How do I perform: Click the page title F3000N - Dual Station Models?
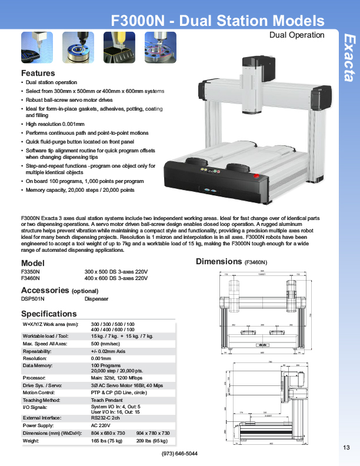coord(218,21)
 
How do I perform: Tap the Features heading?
coord(38,73)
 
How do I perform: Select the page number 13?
coord(346,448)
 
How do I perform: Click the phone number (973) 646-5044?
coord(179,454)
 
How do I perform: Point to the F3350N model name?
coord(31,272)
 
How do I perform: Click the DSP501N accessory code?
coord(33,298)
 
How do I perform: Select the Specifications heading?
coord(49,314)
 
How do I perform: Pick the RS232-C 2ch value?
coord(108,418)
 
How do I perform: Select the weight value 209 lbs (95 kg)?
coord(152,440)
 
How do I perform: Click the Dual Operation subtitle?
coord(296,35)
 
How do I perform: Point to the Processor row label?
coord(34,377)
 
